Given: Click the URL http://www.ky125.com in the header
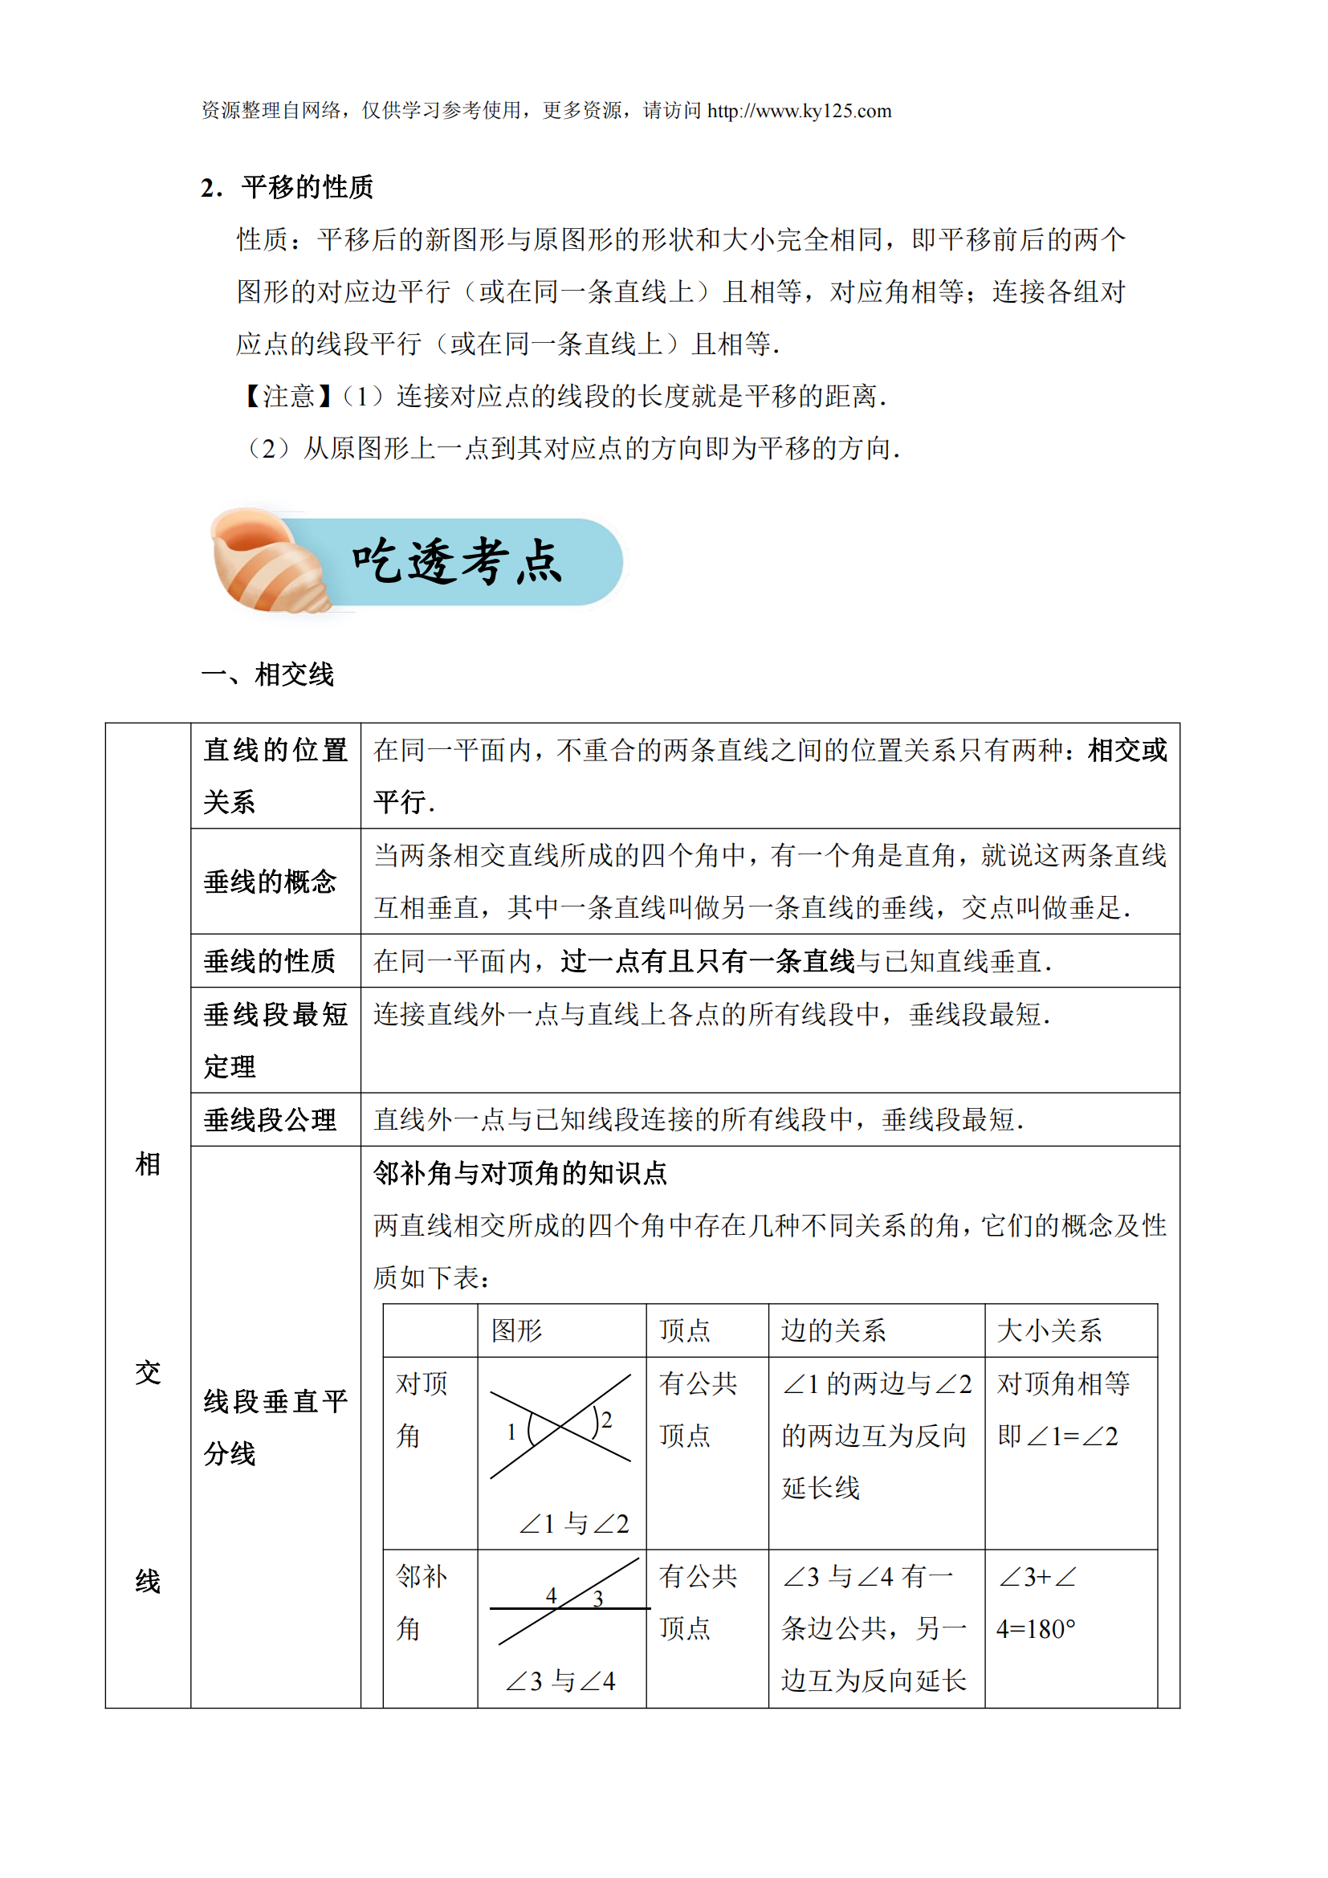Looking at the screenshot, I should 799,112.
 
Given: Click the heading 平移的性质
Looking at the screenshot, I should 308,187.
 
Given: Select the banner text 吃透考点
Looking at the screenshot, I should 457,562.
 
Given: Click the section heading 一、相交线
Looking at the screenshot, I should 267,674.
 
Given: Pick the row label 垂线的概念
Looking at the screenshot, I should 270,882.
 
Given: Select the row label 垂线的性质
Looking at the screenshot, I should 270,961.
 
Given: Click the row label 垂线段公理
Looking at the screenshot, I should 270,1120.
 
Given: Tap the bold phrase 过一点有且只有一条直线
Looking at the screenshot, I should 708,961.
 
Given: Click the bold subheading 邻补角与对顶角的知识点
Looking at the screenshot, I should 520,1174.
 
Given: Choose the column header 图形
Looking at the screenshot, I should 517,1330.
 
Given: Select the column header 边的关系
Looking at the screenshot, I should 833,1330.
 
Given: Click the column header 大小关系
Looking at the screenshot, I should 1049,1330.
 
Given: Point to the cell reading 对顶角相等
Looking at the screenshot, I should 1064,1384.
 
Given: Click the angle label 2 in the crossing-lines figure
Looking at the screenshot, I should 606,1420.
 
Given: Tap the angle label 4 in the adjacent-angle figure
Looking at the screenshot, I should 551,1596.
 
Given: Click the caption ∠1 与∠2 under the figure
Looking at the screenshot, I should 574,1524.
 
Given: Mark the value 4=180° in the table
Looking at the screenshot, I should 1036,1629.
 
